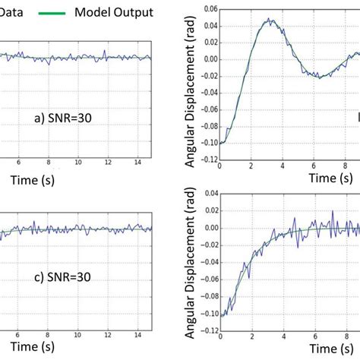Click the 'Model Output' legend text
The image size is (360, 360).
click(x=114, y=12)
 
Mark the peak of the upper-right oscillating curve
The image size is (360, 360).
click(x=268, y=21)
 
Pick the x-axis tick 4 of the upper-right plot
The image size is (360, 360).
click(x=286, y=163)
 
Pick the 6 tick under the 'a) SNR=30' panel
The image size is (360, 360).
click(x=24, y=162)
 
